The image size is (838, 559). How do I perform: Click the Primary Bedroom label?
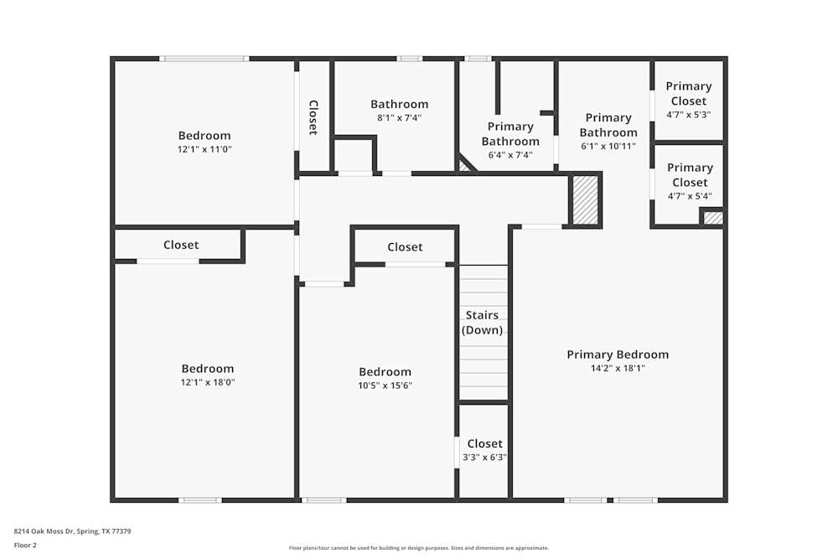pyautogui.click(x=618, y=355)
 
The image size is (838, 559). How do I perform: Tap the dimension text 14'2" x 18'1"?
pyautogui.click(x=618, y=368)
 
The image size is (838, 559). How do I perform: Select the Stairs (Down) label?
pyautogui.click(x=483, y=323)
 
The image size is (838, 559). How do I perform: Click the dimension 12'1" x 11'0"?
pyautogui.click(x=204, y=149)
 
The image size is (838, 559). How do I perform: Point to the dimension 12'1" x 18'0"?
pyautogui.click(x=208, y=382)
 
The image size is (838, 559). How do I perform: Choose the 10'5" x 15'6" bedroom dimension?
pyautogui.click(x=385, y=386)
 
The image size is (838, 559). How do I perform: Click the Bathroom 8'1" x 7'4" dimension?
pyautogui.click(x=399, y=118)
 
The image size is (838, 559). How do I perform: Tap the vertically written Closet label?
pyautogui.click(x=313, y=117)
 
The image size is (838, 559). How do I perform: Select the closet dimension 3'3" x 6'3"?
pyautogui.click(x=484, y=458)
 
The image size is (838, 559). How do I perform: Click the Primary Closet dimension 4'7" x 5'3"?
pyautogui.click(x=689, y=115)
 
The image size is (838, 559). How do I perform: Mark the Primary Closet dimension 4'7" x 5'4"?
pyautogui.click(x=689, y=196)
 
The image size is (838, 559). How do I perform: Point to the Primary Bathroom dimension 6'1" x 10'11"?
pyautogui.click(x=608, y=146)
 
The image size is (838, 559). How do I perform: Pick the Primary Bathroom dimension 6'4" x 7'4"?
pyautogui.click(x=510, y=155)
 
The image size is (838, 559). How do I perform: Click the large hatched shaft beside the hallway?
pyautogui.click(x=585, y=199)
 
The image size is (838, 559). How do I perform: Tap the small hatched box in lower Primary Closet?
pyautogui.click(x=712, y=218)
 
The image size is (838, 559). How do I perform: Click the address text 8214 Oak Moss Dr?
pyautogui.click(x=72, y=531)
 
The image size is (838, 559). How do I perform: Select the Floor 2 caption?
pyautogui.click(x=25, y=545)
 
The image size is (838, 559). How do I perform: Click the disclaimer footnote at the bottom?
pyautogui.click(x=419, y=548)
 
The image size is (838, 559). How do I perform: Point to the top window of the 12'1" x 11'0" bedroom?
pyautogui.click(x=204, y=59)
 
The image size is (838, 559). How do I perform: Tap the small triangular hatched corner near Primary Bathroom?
pyautogui.click(x=464, y=167)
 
